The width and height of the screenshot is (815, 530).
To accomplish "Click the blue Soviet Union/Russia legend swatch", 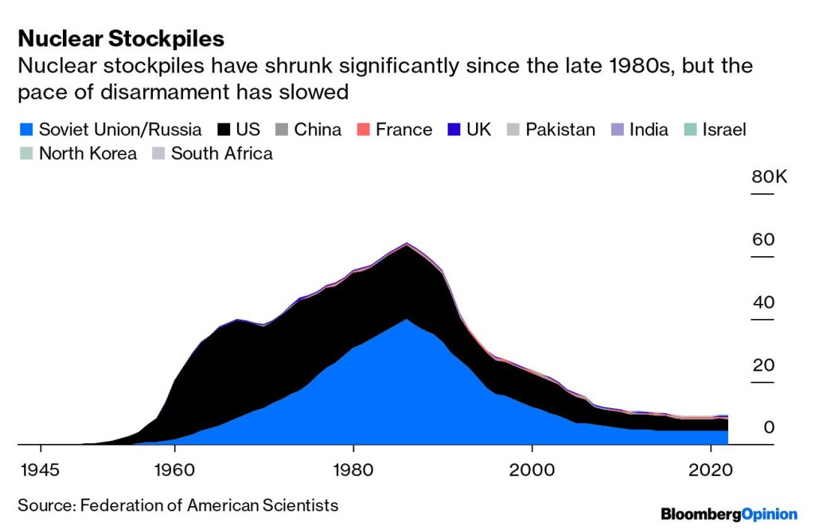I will tap(25, 130).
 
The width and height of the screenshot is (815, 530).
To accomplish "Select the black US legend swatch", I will tap(224, 130).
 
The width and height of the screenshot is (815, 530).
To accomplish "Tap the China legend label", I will tap(318, 130).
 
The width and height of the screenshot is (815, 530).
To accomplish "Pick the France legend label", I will tap(405, 130).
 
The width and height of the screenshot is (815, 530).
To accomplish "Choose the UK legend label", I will tap(479, 130).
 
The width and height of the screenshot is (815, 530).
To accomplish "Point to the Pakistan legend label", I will tap(560, 130).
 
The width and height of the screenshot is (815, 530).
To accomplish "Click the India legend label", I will tap(649, 130).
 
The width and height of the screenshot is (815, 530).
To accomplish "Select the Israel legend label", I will tap(723, 130).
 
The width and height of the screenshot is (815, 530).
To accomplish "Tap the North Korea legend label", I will tap(88, 154).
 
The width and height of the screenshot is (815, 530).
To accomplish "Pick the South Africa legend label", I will tap(222, 154).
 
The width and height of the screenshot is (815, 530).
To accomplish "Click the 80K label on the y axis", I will tap(769, 177).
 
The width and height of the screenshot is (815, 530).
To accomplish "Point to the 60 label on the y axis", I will tap(763, 240).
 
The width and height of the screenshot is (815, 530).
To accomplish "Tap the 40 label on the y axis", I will tap(763, 302).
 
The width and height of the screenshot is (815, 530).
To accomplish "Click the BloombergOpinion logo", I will tap(728, 515).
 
